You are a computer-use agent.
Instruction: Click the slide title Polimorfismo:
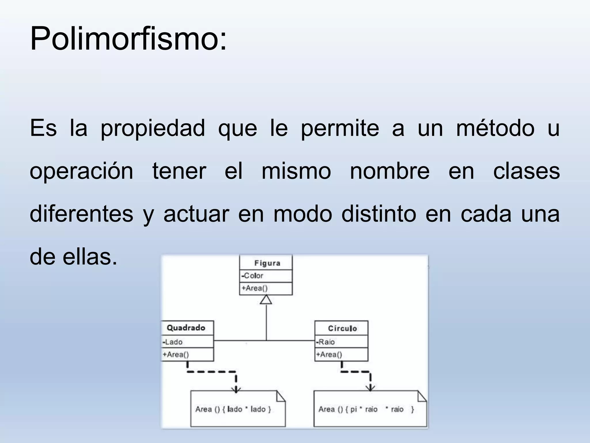click(128, 39)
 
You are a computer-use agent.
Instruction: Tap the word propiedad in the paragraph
click(152, 128)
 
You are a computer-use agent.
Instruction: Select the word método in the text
click(495, 128)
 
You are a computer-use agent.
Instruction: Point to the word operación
click(81, 171)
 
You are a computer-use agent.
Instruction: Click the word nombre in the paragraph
click(389, 171)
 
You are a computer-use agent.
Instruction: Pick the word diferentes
click(81, 214)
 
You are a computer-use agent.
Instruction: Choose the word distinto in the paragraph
click(379, 214)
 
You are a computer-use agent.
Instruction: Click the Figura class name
click(267, 263)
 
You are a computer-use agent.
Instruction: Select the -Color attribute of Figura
click(252, 276)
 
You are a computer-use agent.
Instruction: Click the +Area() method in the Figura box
click(255, 288)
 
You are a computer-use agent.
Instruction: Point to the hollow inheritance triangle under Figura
click(266, 300)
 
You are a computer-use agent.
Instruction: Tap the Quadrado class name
click(186, 328)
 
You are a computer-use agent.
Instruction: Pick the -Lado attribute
click(173, 342)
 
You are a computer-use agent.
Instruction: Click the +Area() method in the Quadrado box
click(176, 354)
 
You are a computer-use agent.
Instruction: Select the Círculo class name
click(342, 329)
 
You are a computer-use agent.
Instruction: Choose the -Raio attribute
click(326, 342)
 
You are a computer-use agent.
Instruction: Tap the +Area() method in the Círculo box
click(329, 354)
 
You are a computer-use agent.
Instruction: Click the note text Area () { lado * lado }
click(233, 409)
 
